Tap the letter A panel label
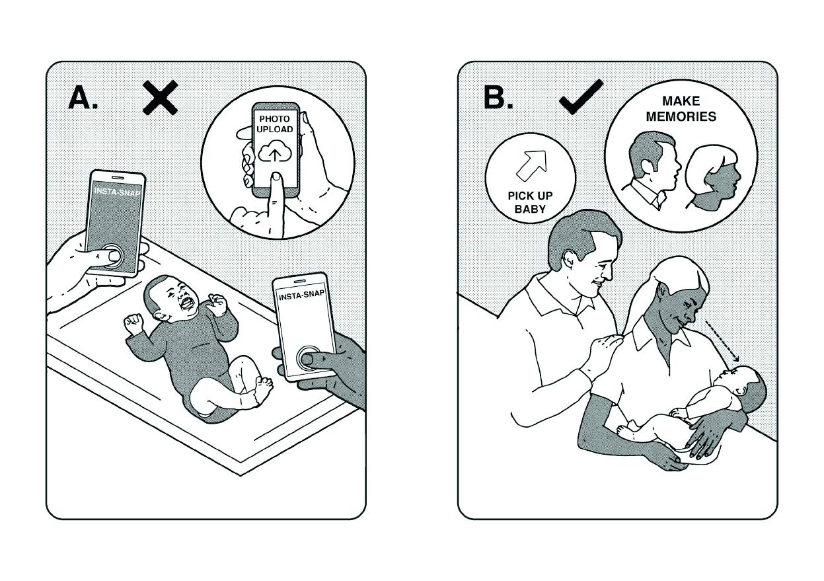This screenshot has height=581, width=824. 83,98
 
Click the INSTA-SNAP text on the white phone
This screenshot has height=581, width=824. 301,297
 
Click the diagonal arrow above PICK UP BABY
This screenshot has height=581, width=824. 531,165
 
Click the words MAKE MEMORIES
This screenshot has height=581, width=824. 680,109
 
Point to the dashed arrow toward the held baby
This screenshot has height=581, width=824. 720,340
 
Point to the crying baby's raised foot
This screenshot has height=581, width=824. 263,387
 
